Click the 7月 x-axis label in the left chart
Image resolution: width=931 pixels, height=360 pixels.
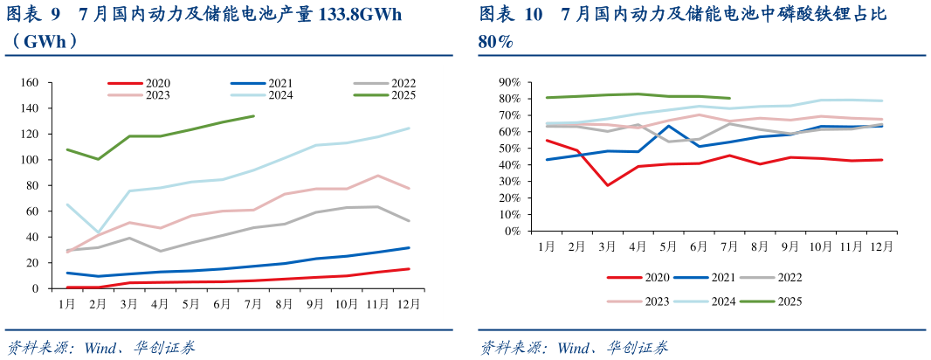coord(253,304)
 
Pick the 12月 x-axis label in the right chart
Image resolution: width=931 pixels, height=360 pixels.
coord(882,247)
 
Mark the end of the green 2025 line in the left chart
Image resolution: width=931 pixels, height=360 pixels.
coord(253,115)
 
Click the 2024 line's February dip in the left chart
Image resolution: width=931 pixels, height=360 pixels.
coord(98,232)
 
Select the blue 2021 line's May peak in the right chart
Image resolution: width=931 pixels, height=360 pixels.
coord(668,126)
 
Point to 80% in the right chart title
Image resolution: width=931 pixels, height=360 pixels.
coord(496,41)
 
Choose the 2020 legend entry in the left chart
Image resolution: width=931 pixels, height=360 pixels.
coord(157,83)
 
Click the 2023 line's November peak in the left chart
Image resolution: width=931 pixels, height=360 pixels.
coord(376,176)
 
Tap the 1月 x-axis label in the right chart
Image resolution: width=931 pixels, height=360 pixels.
coord(548,247)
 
